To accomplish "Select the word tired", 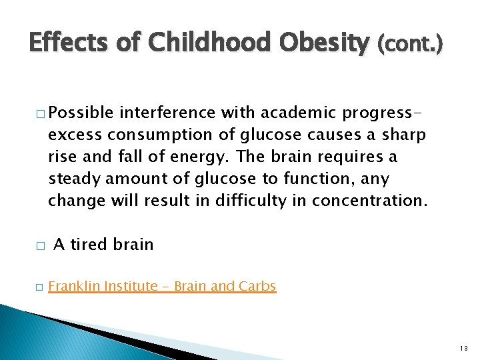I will pos(90,245).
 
